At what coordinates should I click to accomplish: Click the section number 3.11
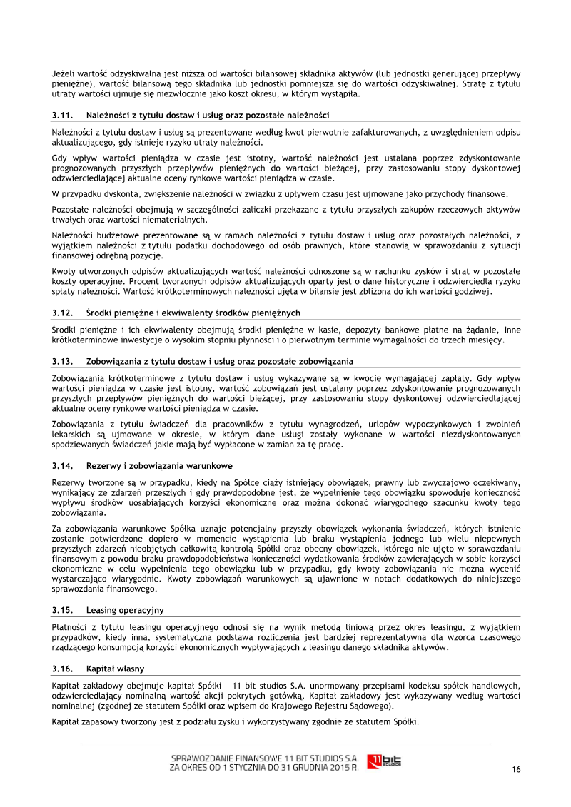click(x=62, y=115)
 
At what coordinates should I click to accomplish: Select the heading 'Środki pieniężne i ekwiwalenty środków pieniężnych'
click(x=193, y=313)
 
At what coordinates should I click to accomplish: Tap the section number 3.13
click(x=62, y=361)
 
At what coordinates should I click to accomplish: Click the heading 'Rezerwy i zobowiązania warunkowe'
click(x=159, y=466)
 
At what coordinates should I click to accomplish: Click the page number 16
click(x=516, y=769)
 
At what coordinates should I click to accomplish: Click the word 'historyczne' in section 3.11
click(x=372, y=281)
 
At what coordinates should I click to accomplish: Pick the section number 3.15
click(x=62, y=610)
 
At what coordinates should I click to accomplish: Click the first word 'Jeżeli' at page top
click(x=64, y=73)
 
